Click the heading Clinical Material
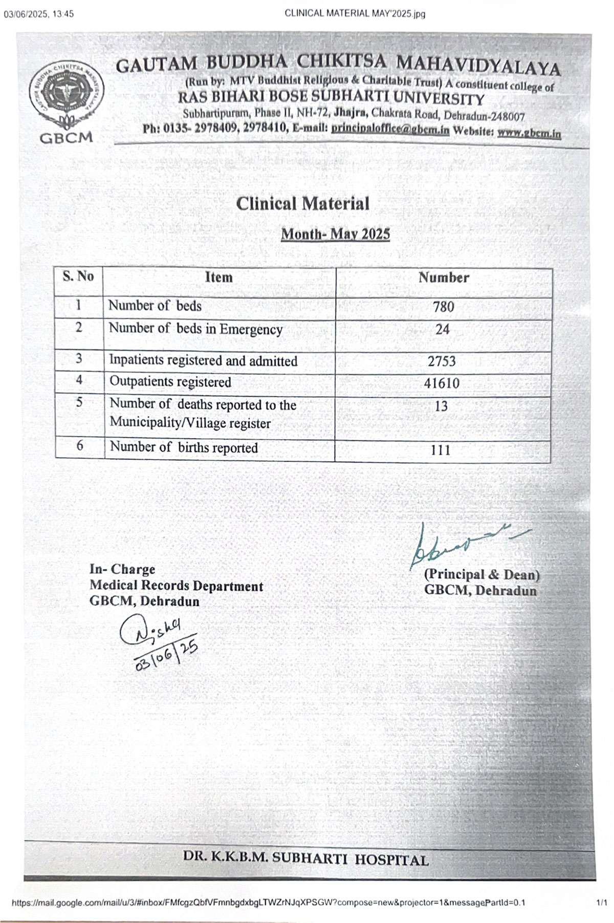coord(302,204)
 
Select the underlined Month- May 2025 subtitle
coord(336,234)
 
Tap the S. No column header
coord(78,277)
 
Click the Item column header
coord(218,277)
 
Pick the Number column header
coord(444,277)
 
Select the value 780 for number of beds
coord(443,307)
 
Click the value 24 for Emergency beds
coord(443,329)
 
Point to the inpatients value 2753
coord(442,361)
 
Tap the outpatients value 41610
coord(442,383)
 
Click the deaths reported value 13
coord(441,406)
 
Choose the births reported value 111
coord(441,450)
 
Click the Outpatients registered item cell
coord(170,382)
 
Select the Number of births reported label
coord(184,447)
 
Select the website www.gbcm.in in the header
coord(529,133)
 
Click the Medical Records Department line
coord(176,586)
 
